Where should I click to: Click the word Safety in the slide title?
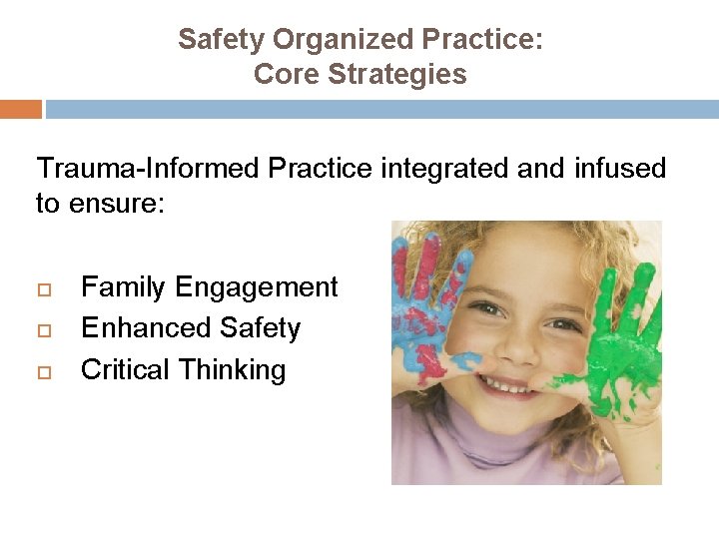coord(222,39)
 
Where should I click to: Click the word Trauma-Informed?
coord(148,169)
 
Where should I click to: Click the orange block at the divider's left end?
coord(21,109)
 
